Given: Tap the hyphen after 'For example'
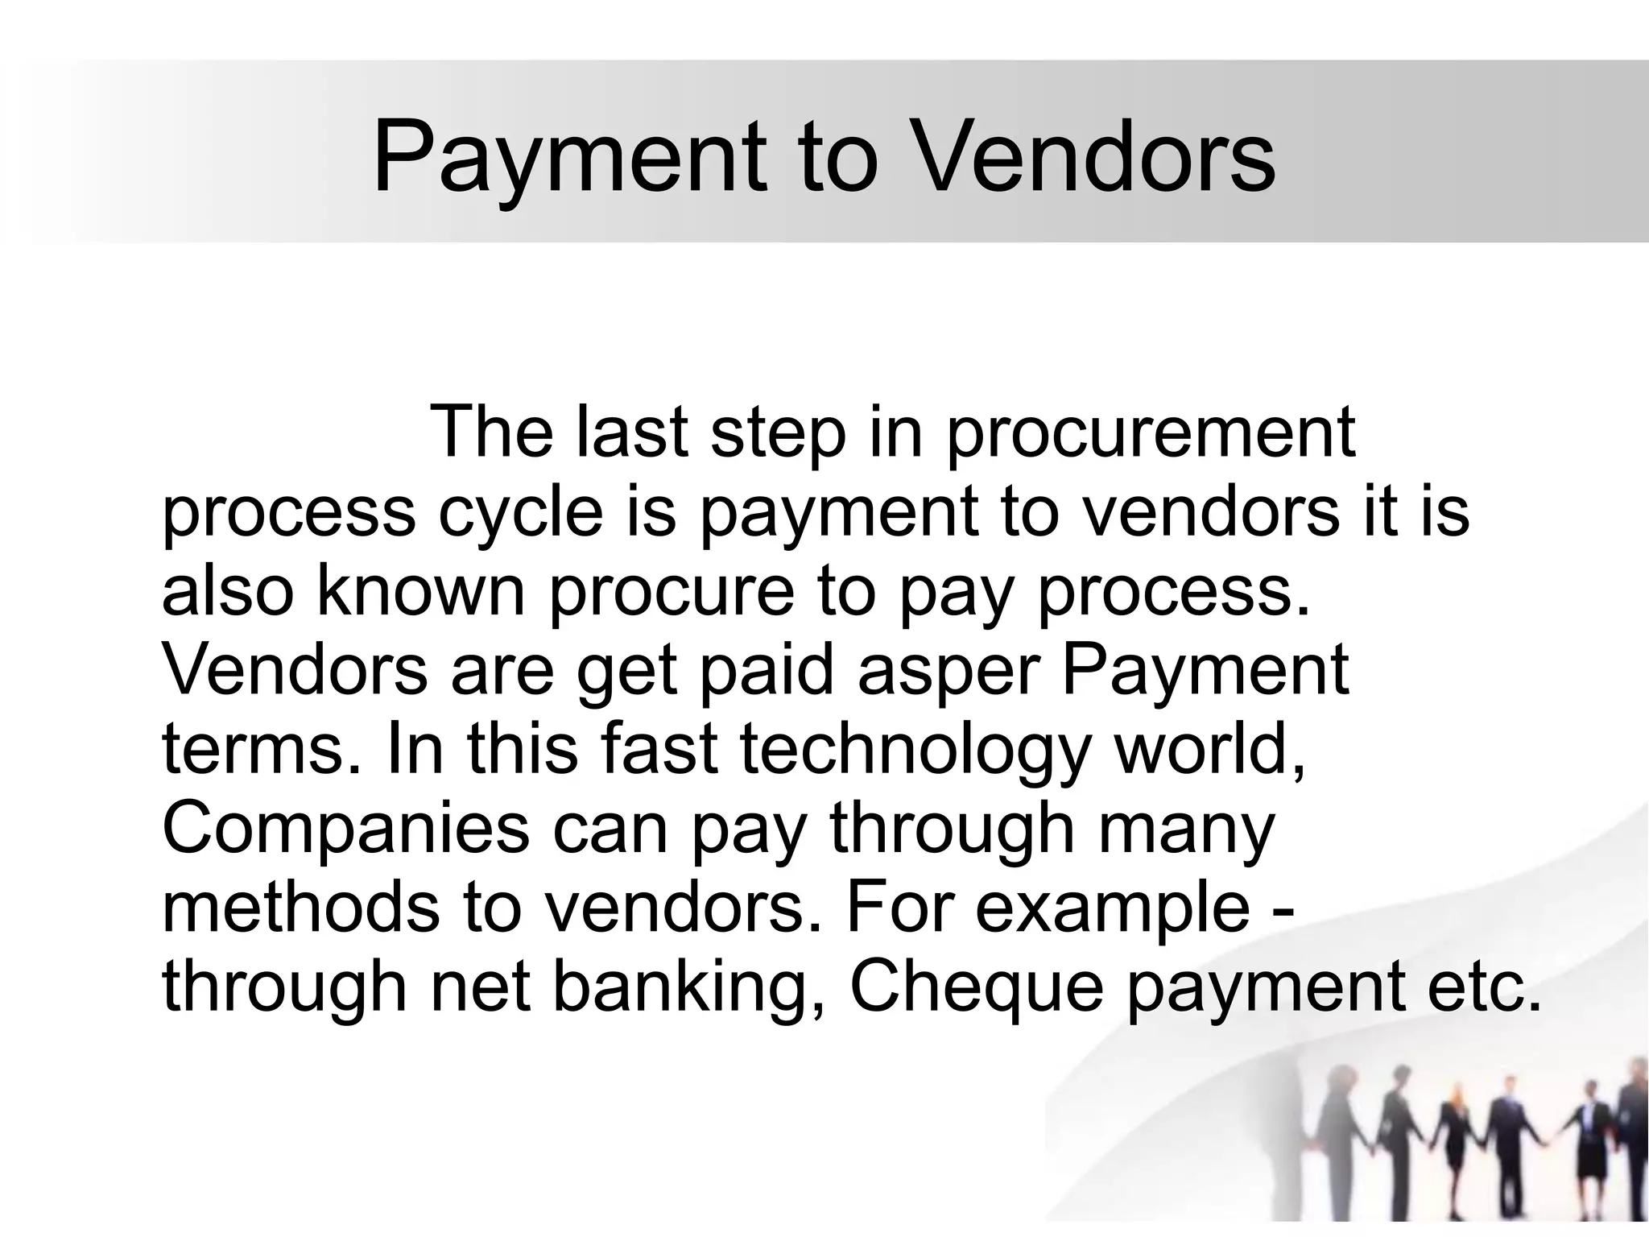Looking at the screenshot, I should click(x=1286, y=910).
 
